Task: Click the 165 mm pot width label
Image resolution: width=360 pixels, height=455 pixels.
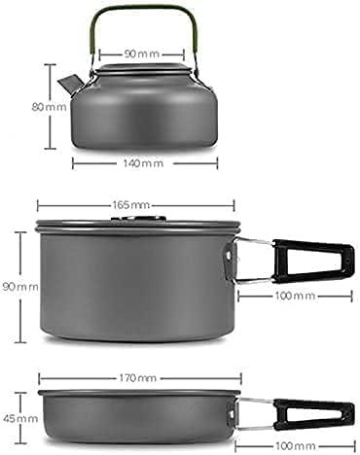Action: pos(135,205)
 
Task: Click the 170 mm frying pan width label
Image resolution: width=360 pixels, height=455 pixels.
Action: pos(135,376)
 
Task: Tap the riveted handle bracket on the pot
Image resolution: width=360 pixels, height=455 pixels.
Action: pos(231,255)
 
